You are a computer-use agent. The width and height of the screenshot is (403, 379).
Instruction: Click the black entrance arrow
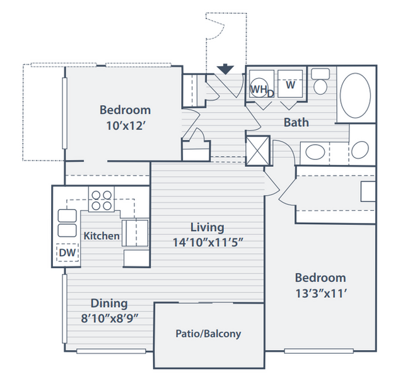[225, 69]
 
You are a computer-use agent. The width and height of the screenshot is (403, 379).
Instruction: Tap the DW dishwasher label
[67, 252]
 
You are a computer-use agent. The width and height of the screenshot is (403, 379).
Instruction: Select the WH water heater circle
[259, 88]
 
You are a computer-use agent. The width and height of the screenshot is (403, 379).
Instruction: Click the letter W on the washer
[291, 85]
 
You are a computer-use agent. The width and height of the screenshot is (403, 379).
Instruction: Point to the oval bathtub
[355, 96]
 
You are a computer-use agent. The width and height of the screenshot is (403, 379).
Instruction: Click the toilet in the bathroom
[320, 81]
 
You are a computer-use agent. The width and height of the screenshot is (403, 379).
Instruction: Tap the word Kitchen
[102, 236]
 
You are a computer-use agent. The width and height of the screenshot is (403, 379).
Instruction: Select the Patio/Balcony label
[208, 334]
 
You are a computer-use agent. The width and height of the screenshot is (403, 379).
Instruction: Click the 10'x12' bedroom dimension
[126, 126]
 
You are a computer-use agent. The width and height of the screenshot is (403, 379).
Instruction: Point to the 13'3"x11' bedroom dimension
[321, 293]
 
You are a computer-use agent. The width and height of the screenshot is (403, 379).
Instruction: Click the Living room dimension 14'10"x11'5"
[207, 242]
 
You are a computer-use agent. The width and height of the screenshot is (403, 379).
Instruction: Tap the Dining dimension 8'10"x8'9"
[110, 319]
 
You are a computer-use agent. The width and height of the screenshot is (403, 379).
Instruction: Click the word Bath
[296, 122]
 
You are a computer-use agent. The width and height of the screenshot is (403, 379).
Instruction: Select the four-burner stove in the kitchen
[102, 200]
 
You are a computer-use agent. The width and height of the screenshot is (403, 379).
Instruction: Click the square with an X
[258, 150]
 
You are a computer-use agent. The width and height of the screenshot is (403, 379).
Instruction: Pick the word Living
[207, 228]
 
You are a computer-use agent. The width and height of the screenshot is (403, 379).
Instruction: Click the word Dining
[109, 303]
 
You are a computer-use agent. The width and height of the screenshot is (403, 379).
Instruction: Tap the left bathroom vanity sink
[315, 152]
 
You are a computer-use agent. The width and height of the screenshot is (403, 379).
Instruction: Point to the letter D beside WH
[271, 94]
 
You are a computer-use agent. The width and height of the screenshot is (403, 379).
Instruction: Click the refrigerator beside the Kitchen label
[136, 233]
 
